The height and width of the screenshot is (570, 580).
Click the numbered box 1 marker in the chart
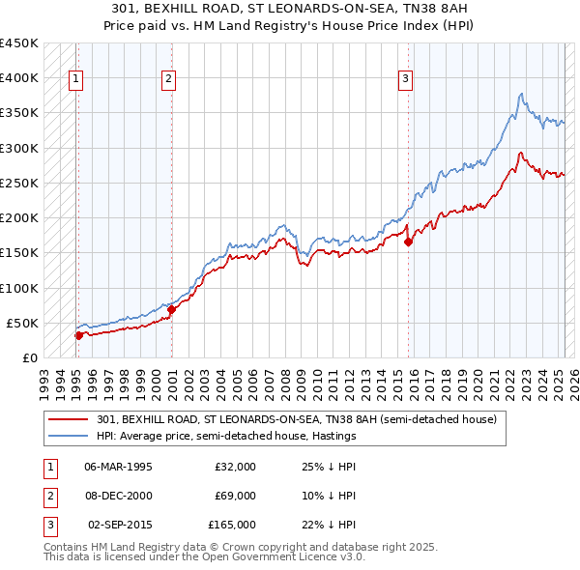pyautogui.click(x=75, y=80)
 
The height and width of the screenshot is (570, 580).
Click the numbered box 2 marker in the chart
pyautogui.click(x=168, y=80)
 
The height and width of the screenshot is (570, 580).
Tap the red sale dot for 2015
pyautogui.click(x=408, y=242)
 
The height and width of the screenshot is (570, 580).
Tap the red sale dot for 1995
pyautogui.click(x=78, y=335)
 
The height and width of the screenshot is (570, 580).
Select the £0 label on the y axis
pyautogui.click(x=29, y=357)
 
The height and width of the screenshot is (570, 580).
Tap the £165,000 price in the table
pyautogui.click(x=231, y=525)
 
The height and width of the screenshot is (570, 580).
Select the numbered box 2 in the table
pyautogui.click(x=49, y=496)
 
